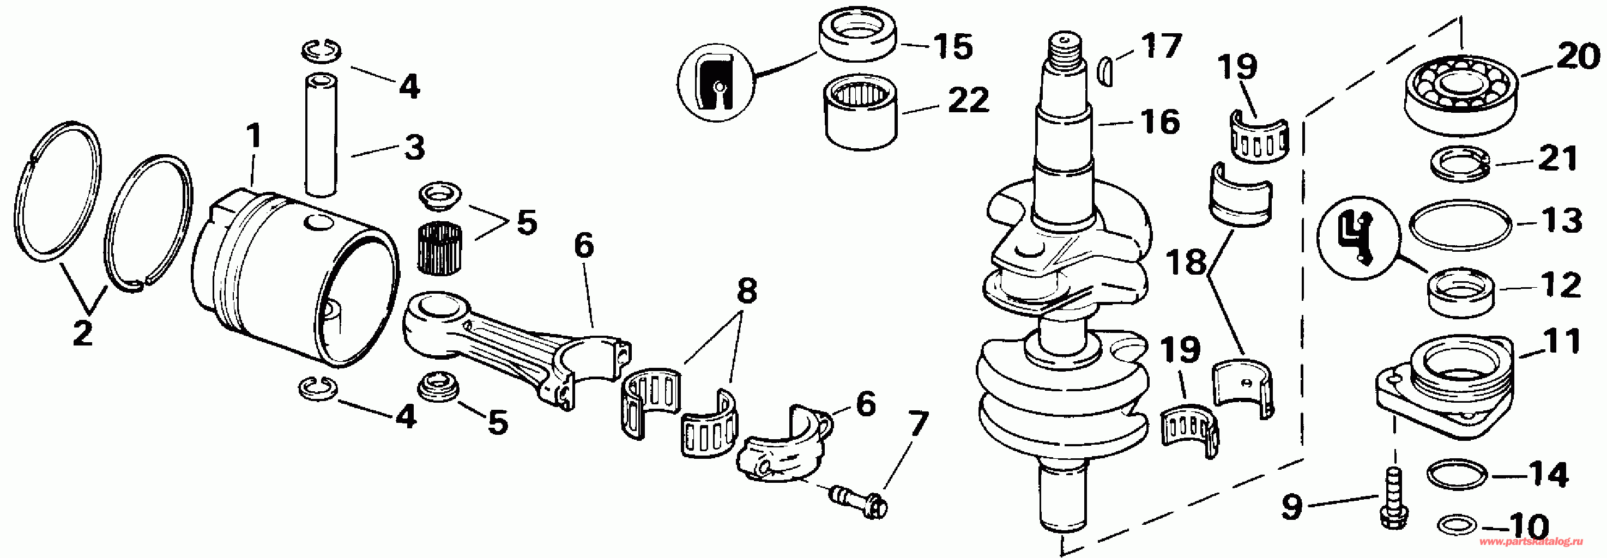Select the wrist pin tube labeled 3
[x=321, y=134]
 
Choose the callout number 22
[x=969, y=100]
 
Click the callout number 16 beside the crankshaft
[x=1161, y=122]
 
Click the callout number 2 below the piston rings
[x=83, y=333]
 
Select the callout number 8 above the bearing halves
[x=747, y=291]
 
